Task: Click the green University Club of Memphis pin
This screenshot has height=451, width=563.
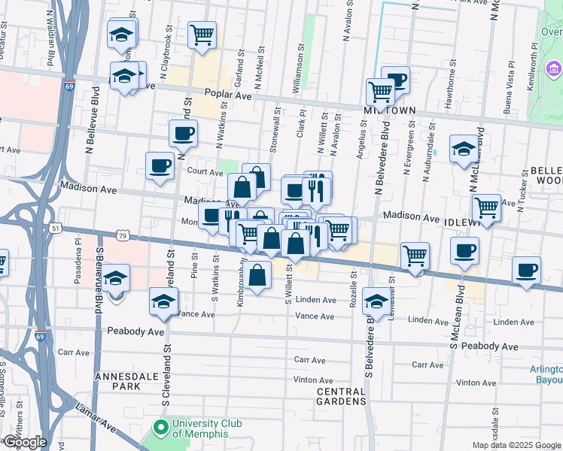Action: click(160, 429)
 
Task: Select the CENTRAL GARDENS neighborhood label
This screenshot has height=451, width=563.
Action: click(341, 396)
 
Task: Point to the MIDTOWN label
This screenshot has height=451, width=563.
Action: click(391, 110)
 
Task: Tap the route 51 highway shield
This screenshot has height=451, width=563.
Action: click(56, 227)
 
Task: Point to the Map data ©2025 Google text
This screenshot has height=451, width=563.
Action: click(516, 445)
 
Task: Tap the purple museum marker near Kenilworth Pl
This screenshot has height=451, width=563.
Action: click(555, 71)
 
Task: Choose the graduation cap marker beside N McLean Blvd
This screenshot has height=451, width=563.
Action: click(464, 149)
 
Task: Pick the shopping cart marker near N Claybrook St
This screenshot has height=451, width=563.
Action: click(202, 35)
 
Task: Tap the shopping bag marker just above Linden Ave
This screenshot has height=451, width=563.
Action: click(257, 275)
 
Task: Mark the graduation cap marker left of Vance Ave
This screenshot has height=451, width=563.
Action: click(163, 302)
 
